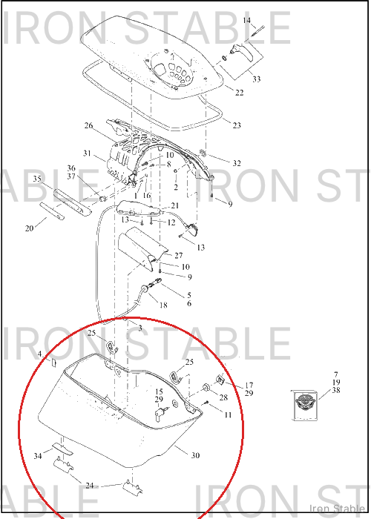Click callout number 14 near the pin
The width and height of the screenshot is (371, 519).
(247, 21)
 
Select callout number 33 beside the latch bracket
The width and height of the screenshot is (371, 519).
(257, 79)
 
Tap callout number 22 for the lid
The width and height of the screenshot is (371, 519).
(239, 93)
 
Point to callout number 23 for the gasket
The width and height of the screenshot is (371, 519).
(237, 125)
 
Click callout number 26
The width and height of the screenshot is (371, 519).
(88, 125)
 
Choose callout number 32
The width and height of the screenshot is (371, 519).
(237, 163)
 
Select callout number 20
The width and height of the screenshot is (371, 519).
(29, 228)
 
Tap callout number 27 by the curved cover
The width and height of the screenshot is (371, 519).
(179, 255)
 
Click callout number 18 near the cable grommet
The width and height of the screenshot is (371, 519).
(163, 305)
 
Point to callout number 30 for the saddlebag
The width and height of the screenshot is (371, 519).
(195, 455)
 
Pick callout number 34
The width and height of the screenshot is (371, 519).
(38, 456)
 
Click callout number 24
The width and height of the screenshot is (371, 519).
(90, 486)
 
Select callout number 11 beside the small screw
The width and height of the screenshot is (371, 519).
(228, 414)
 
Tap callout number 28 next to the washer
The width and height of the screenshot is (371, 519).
(223, 397)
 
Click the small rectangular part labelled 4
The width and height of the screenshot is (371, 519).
(53, 363)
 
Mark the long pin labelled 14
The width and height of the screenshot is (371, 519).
(257, 31)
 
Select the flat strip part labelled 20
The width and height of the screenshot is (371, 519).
(52, 211)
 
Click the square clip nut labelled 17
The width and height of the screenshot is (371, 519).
(220, 380)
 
